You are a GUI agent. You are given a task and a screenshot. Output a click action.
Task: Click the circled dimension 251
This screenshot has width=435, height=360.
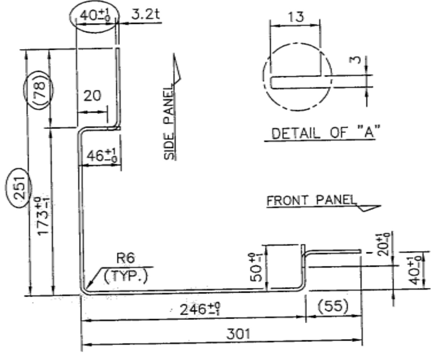[20, 188]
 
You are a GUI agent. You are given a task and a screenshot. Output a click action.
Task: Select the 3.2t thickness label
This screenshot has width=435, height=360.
[145, 14]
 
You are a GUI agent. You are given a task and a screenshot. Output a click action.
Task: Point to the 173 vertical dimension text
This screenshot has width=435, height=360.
[43, 216]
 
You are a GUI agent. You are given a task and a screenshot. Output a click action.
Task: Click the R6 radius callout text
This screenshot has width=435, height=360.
[126, 258]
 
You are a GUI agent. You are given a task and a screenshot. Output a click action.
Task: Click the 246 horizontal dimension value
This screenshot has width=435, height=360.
[200, 309]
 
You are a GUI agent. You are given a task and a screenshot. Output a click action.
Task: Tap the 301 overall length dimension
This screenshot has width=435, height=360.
[238, 334]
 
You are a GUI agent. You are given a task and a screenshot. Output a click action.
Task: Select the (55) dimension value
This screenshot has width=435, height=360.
[333, 306]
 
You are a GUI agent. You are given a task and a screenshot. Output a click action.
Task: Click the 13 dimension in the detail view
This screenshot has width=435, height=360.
[296, 17]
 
